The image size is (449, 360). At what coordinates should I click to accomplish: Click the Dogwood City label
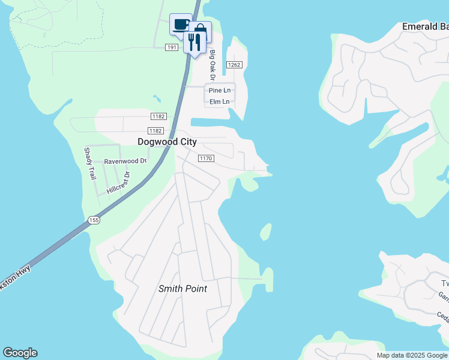tap(167, 142)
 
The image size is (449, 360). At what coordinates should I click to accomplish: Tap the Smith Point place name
tap(182, 289)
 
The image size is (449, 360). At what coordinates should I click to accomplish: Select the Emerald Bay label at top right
tap(425, 26)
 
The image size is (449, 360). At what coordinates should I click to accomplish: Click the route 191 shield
tap(172, 47)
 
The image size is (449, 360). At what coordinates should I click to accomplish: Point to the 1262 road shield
tap(234, 65)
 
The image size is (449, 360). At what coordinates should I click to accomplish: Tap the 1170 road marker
tap(206, 158)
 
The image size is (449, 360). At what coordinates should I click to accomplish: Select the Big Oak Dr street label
tap(212, 65)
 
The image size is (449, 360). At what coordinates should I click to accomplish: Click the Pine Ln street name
tap(219, 90)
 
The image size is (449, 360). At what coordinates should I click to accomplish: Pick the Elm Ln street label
tap(219, 101)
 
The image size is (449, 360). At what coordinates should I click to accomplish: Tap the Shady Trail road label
tap(89, 164)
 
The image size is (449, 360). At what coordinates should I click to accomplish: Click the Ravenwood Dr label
tap(125, 161)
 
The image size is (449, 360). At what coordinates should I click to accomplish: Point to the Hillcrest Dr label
tap(118, 182)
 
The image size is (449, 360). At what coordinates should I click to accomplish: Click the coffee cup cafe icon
tap(181, 25)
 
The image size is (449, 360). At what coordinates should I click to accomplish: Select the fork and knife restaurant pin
tap(194, 41)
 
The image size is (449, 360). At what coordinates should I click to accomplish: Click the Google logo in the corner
tap(20, 353)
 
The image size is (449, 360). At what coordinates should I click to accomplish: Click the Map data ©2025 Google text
tap(412, 355)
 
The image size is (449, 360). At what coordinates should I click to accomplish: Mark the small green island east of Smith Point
tap(265, 232)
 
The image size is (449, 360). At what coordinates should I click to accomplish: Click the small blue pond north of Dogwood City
tap(157, 98)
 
